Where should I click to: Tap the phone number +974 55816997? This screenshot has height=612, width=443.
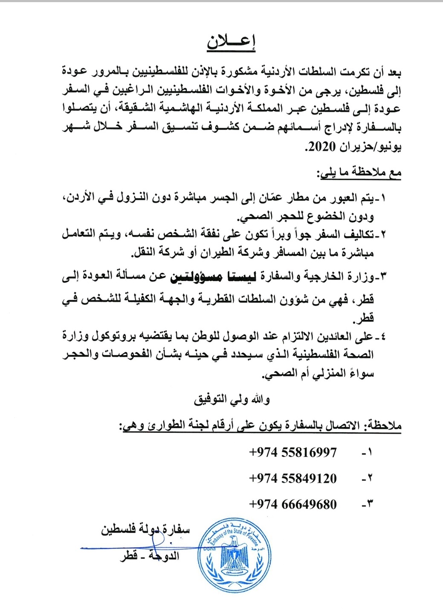pos(292,452)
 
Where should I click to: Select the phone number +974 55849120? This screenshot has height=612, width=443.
pos(292,478)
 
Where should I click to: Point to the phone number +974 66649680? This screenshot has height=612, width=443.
pos(292,505)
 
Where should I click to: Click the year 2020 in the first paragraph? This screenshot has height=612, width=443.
pos(318,147)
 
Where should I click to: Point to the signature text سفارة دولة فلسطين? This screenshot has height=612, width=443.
pos(145,530)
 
